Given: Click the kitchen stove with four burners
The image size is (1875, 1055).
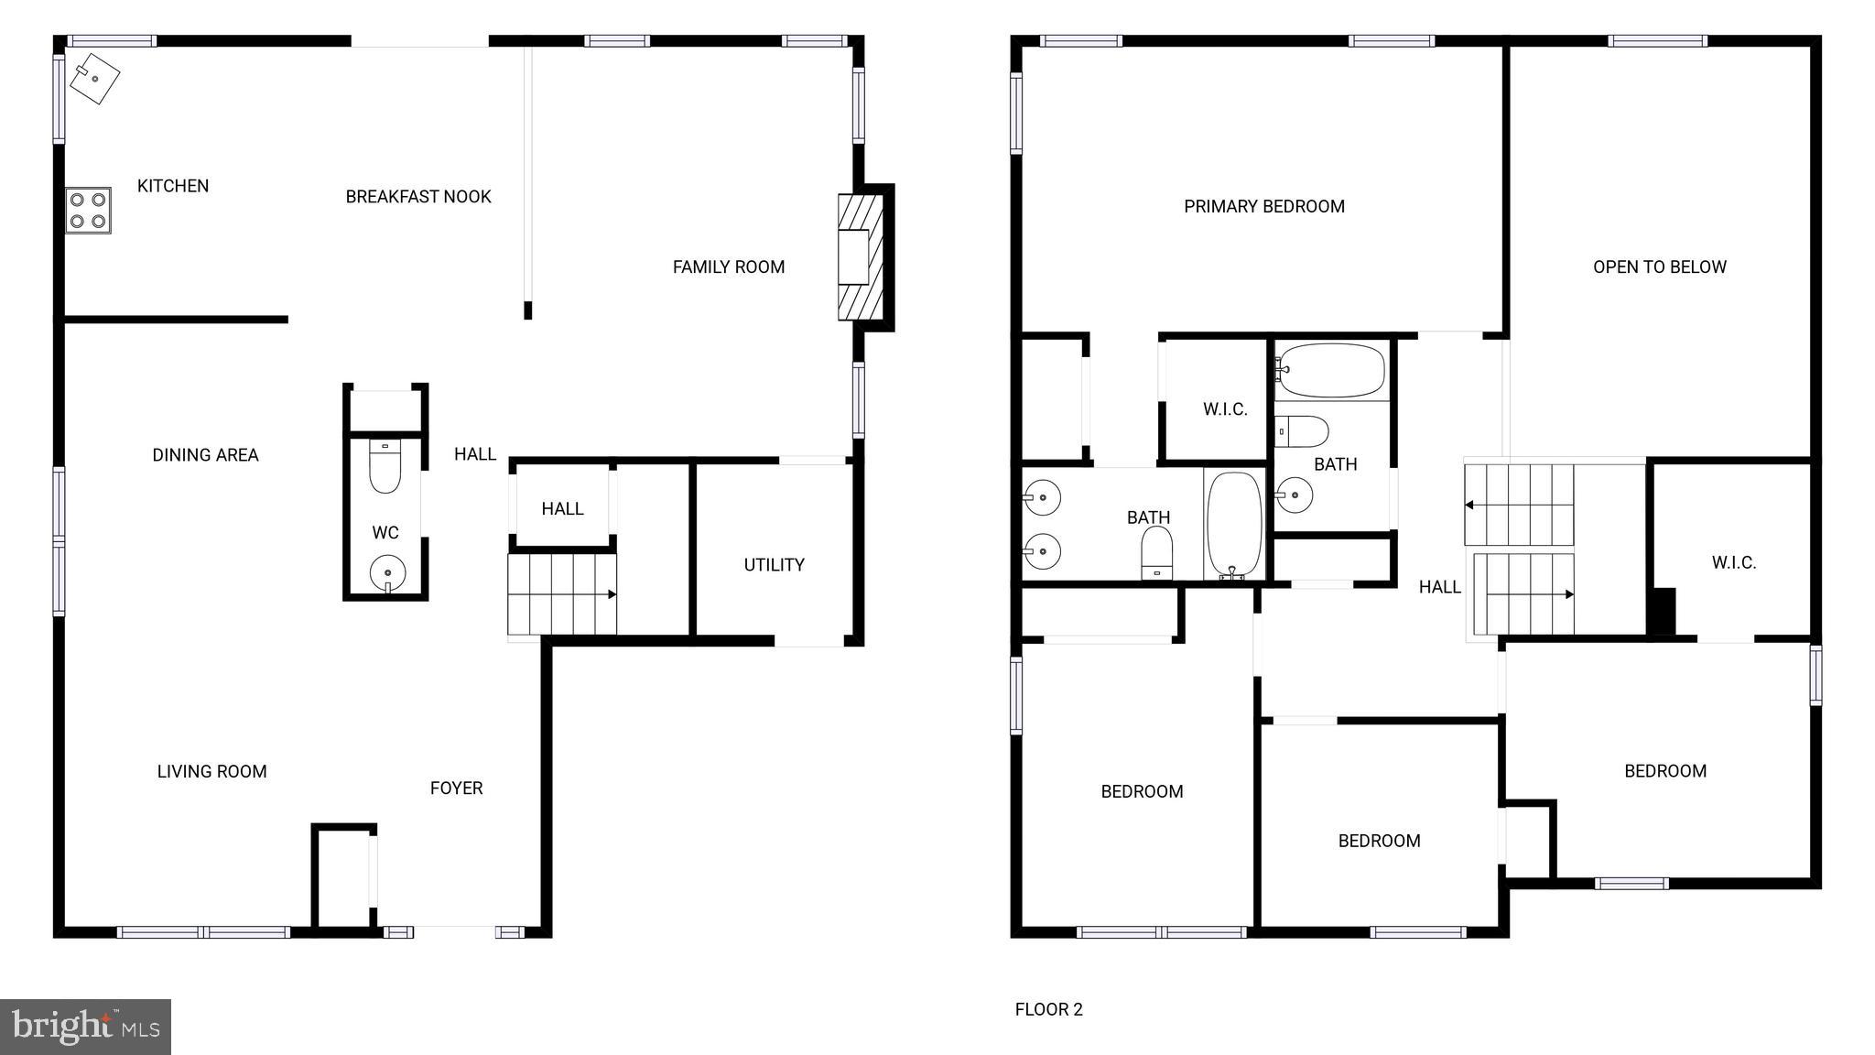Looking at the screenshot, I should tap(88, 211).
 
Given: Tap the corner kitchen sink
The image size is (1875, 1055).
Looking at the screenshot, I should tap(95, 79).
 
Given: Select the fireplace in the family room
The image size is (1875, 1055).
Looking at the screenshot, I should tap(861, 257).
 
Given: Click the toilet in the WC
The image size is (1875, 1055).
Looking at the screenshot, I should tap(385, 466).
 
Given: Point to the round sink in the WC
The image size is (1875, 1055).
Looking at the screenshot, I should tap(387, 574).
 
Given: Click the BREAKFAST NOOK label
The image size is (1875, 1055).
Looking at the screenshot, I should tap(418, 197).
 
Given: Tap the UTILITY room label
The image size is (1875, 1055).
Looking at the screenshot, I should tap(774, 565).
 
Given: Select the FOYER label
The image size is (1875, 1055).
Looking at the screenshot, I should tap(456, 789).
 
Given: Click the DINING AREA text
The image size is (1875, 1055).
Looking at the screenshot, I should tap(205, 455).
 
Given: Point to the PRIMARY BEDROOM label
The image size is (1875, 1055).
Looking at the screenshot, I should tap(1264, 207).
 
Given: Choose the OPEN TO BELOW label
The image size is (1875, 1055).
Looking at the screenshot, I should tap(1659, 267).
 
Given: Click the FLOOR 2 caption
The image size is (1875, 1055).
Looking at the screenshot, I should tap(1048, 1009).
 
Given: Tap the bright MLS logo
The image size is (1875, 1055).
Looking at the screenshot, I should tap(85, 1027).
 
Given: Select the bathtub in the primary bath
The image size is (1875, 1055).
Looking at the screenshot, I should tap(1234, 525).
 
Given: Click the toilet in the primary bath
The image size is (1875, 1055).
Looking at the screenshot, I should tap(1157, 554).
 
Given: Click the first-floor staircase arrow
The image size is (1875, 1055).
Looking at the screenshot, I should tap(611, 594).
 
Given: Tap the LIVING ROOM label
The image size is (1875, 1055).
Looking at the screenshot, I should tap(211, 772).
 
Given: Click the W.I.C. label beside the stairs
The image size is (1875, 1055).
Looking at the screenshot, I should tap(1733, 563).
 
